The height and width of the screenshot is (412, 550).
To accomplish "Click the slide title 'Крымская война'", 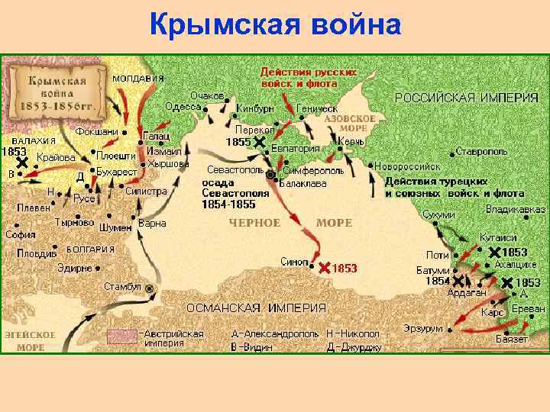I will pos(276,25).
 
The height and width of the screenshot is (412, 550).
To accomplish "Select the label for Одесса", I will pos(183,108).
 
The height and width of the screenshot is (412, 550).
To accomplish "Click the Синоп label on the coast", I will pos(294,259).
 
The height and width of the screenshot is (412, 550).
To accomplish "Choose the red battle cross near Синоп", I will pos(324,268).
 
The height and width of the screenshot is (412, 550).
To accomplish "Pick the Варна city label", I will pos(153,224).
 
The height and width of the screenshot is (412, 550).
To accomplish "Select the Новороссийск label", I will pos(409,166).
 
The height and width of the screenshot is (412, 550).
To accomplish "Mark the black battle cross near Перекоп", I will pos(260,142).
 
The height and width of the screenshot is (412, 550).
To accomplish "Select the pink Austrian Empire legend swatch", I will pos(122,336).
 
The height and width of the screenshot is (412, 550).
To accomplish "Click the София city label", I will pos(21,234).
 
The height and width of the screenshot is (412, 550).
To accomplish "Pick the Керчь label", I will pos(353,143).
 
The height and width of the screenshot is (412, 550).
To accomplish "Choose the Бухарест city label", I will pos(117,172).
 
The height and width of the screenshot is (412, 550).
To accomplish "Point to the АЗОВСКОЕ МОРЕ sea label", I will pos(350,124).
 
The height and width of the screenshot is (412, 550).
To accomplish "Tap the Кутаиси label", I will pos(498,237).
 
